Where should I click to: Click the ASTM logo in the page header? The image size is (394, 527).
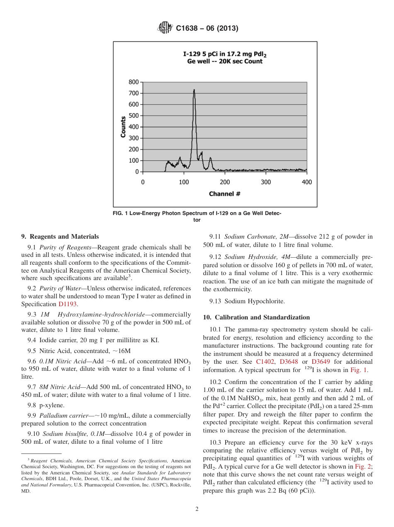pyautogui.click(x=165, y=28)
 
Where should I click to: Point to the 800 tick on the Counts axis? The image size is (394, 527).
pyautogui.click(x=134, y=82)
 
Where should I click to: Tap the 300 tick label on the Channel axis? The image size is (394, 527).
pyautogui.click(x=266, y=182)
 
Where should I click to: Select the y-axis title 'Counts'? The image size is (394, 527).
pyautogui.click(x=123, y=127)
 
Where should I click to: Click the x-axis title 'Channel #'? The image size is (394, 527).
pyautogui.click(x=224, y=193)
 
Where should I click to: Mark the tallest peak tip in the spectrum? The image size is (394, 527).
pyautogui.click(x=194, y=90)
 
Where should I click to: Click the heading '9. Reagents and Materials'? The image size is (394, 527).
pyautogui.click(x=60, y=237)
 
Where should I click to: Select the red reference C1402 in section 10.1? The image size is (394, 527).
pyautogui.click(x=265, y=362)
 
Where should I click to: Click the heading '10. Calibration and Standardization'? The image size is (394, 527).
pyautogui.click(x=256, y=317)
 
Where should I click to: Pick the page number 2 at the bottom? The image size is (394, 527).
pyautogui.click(x=197, y=509)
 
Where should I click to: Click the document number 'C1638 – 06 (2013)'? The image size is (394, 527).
pyautogui.click(x=207, y=29)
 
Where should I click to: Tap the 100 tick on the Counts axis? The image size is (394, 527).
pyautogui.click(x=134, y=160)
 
